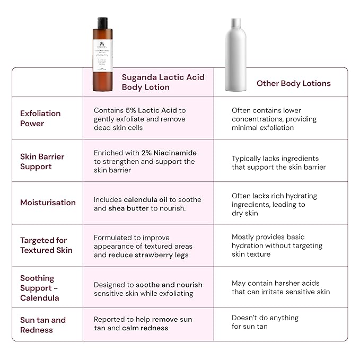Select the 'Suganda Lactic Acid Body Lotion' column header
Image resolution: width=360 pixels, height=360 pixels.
tap(163, 82)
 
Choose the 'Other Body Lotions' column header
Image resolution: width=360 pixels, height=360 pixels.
tap(293, 83)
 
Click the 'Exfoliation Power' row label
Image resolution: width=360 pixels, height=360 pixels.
tap(40, 118)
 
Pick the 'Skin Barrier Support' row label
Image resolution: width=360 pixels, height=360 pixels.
tap(42, 161)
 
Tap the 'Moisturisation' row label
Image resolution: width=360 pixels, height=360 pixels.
tap(48, 203)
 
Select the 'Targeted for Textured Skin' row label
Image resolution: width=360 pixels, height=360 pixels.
tap(46, 245)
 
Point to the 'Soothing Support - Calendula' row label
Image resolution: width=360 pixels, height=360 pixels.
tap(40, 288)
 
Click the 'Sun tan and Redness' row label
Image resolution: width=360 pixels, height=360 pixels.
tap(43, 324)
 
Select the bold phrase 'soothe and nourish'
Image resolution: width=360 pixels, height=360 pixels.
tap(169, 285)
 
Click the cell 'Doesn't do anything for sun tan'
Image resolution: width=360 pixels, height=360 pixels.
tap(265, 322)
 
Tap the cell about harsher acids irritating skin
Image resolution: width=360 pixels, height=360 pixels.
tap(280, 287)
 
